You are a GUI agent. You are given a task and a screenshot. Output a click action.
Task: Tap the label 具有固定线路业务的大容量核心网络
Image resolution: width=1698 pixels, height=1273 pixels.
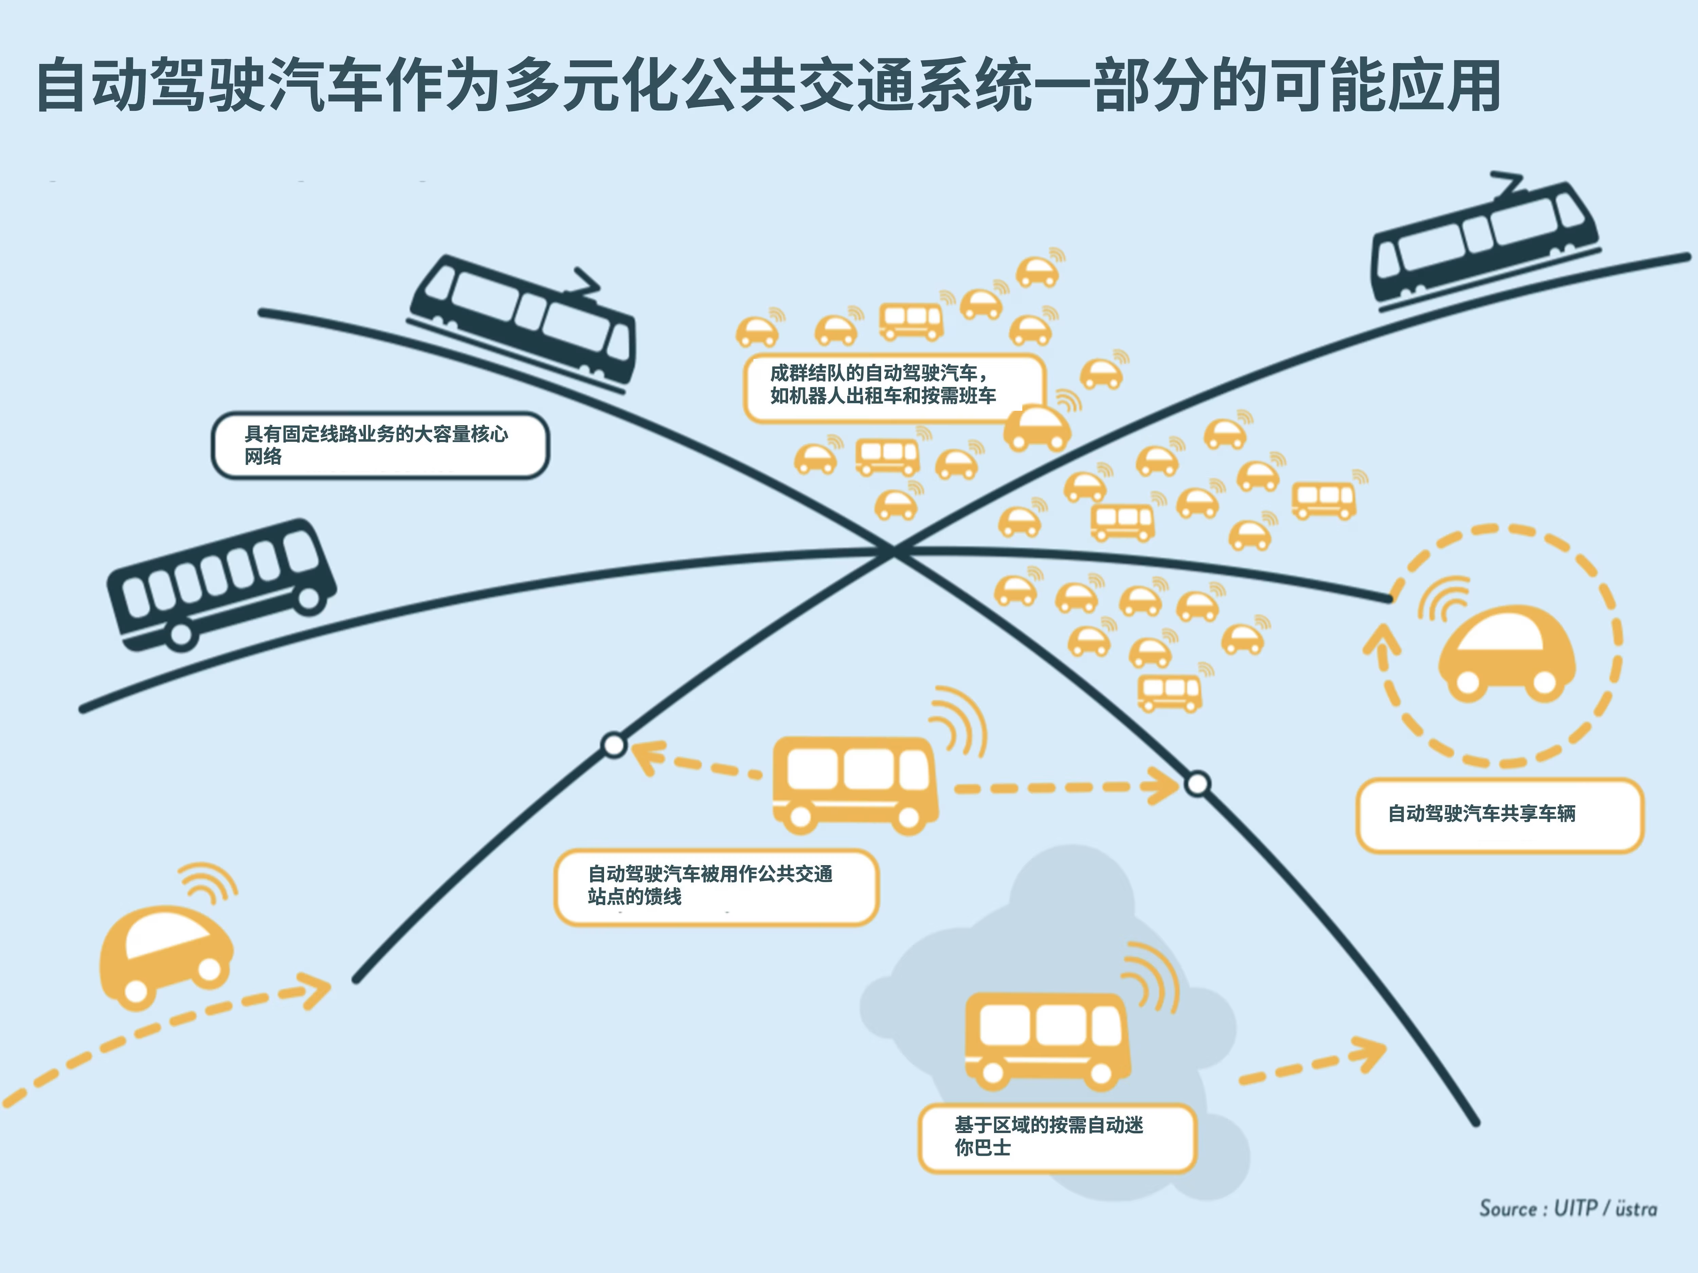click(x=380, y=445)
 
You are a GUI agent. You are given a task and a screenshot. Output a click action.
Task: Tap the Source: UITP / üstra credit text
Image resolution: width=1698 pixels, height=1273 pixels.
click(x=1568, y=1209)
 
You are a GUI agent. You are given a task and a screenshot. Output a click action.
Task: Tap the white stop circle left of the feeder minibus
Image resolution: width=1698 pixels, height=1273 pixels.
click(x=614, y=744)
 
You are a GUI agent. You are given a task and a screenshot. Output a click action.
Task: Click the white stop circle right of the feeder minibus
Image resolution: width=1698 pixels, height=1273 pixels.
click(x=1197, y=783)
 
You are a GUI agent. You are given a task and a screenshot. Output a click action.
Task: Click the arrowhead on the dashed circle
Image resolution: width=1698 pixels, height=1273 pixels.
click(x=1382, y=641)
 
